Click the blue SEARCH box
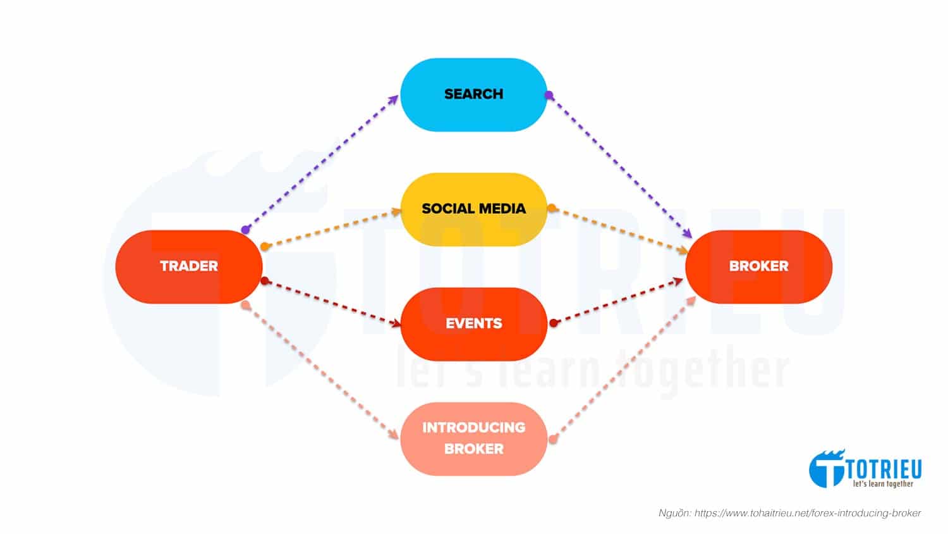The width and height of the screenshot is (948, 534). [x=473, y=95]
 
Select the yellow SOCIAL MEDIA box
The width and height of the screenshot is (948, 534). [x=473, y=209]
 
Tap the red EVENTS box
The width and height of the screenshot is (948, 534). [x=473, y=323]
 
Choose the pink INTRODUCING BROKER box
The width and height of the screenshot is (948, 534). [x=473, y=438]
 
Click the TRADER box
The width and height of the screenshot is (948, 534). [x=188, y=266]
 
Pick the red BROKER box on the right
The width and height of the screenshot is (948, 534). [x=758, y=266]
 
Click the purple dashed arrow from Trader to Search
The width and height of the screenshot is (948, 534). [x=322, y=163]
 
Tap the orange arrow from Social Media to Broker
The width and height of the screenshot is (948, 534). [x=619, y=230]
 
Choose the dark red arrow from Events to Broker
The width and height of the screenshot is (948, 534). [x=619, y=302]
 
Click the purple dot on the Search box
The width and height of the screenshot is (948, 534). [x=549, y=96]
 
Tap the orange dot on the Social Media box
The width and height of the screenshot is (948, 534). [x=551, y=208]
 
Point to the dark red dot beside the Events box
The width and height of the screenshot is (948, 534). [x=554, y=323]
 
